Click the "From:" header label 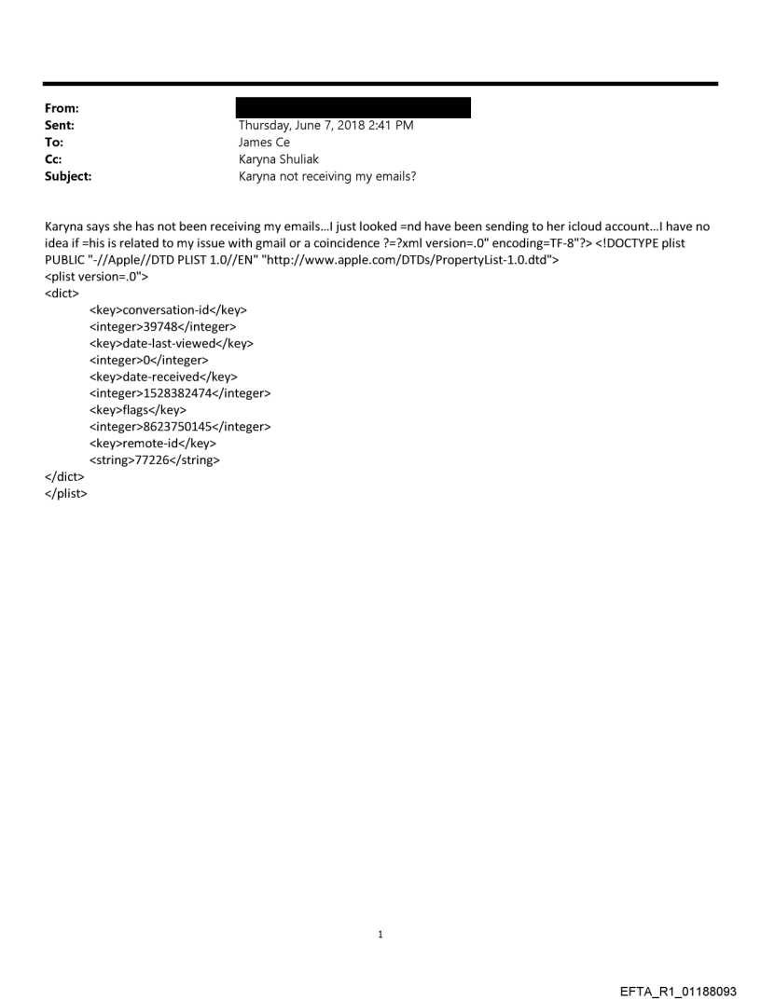tap(59, 108)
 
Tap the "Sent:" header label tap(57, 125)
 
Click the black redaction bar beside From tap(354, 108)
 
